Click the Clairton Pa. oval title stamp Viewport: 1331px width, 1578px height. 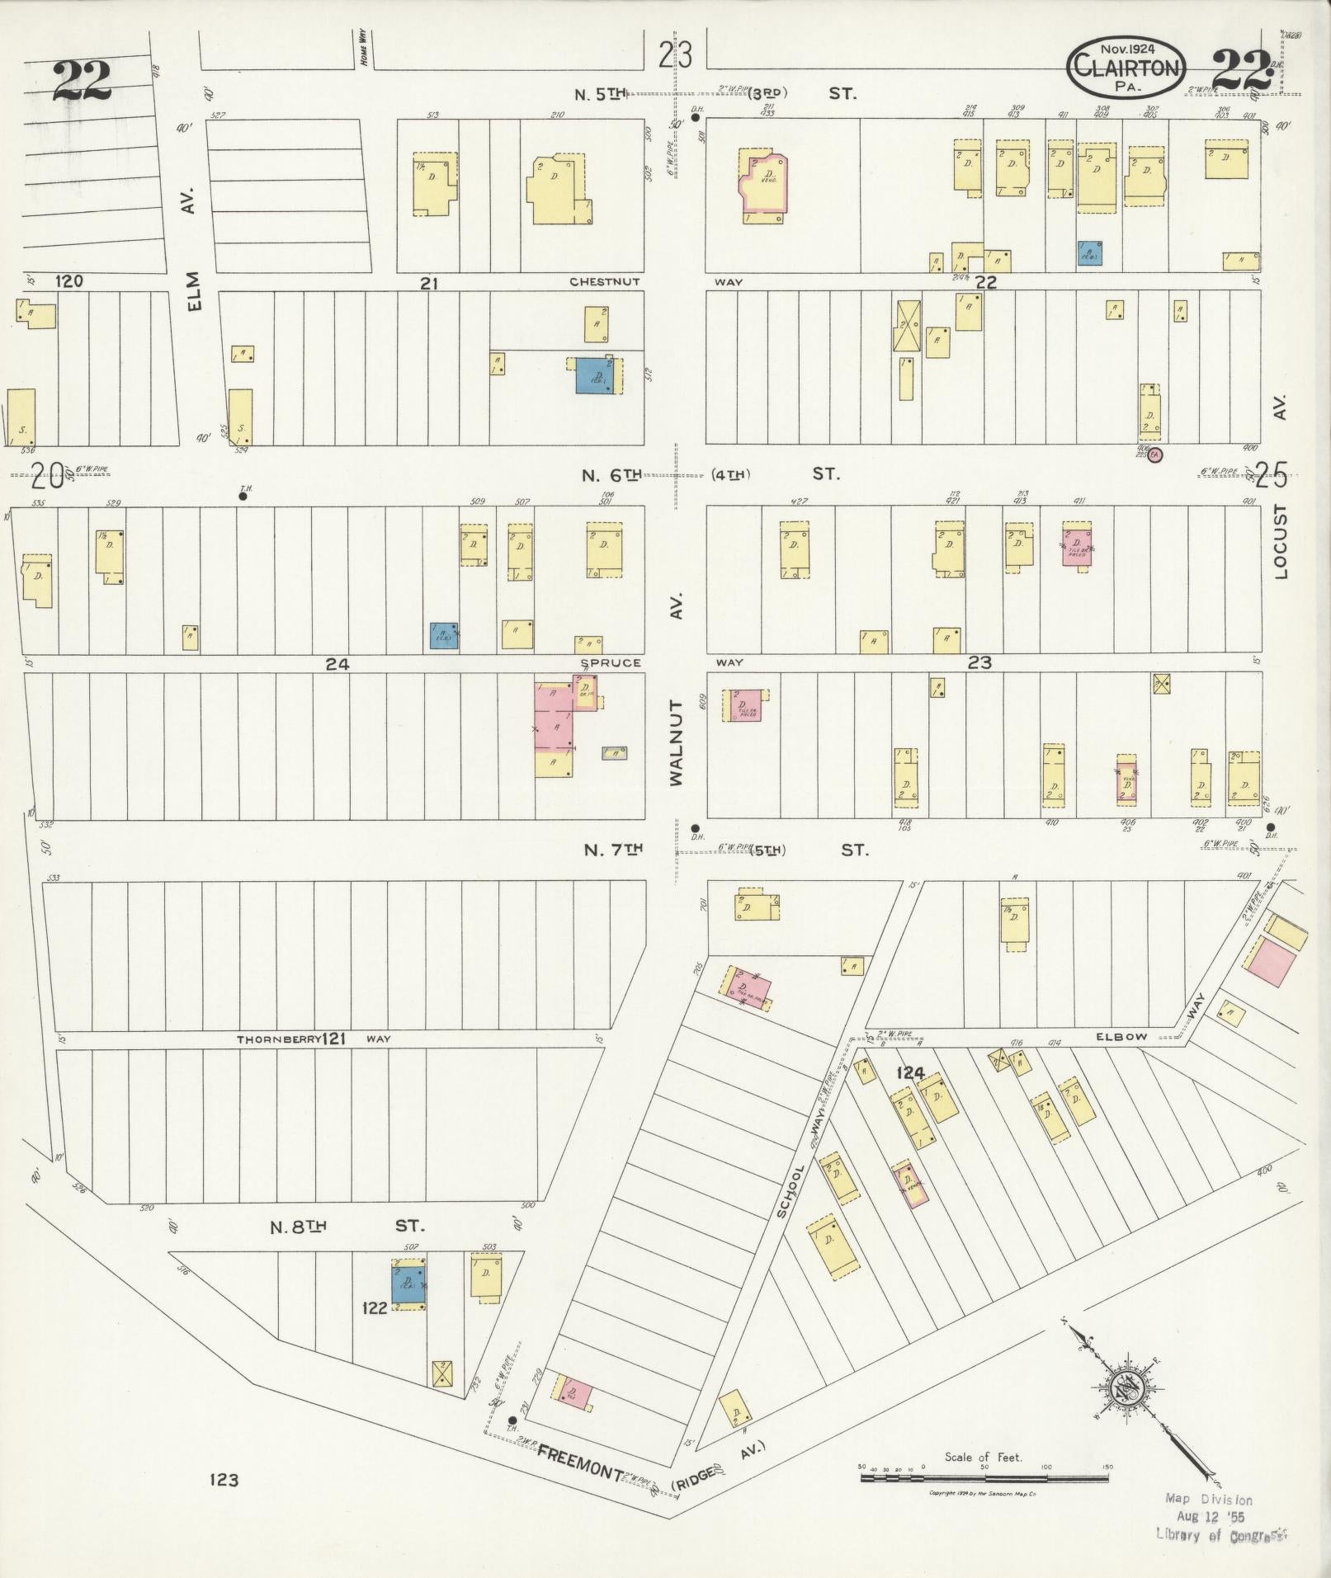(1127, 68)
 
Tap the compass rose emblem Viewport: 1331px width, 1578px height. (1124, 1387)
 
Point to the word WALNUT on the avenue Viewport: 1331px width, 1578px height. (677, 742)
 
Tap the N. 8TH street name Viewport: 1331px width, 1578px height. (299, 1227)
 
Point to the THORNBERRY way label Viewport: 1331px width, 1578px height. (278, 1039)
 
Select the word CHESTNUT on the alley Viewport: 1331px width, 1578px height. (604, 282)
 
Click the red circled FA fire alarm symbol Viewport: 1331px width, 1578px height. (1155, 455)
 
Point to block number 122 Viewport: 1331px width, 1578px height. (375, 1308)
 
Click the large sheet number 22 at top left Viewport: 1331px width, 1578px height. (83, 80)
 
